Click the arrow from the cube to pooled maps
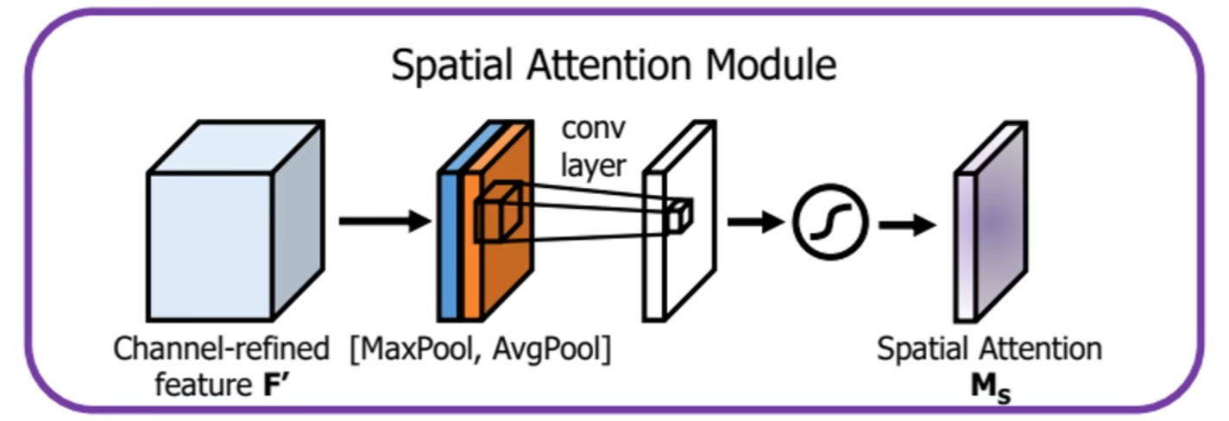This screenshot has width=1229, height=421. click(x=384, y=222)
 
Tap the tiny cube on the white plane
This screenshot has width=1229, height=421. click(x=680, y=216)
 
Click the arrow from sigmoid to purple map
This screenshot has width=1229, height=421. click(x=906, y=226)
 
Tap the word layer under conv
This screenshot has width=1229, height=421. click(x=593, y=164)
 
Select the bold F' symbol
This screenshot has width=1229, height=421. click(x=277, y=384)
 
